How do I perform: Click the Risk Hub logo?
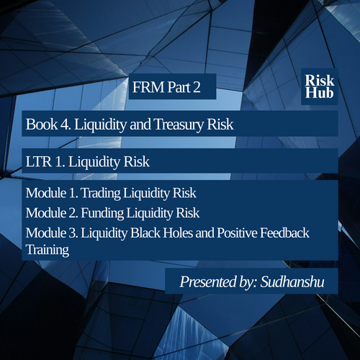click(320, 86)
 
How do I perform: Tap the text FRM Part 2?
click(166, 87)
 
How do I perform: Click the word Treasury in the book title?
click(179, 125)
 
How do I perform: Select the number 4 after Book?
click(65, 125)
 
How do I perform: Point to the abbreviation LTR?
click(39, 161)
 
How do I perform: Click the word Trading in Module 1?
click(102, 194)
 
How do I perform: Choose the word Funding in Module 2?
click(102, 213)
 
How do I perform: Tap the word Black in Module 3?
click(145, 233)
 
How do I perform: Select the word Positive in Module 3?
click(237, 233)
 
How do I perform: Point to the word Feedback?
click(284, 233)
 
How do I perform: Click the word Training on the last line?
click(48, 250)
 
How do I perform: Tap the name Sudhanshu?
click(292, 282)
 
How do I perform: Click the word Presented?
click(208, 282)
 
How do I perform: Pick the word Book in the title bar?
click(42, 125)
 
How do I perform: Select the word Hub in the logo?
click(319, 93)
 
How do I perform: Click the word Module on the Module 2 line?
click(46, 213)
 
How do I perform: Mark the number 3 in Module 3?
click(73, 233)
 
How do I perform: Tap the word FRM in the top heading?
click(148, 87)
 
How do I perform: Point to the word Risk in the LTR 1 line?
click(136, 161)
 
